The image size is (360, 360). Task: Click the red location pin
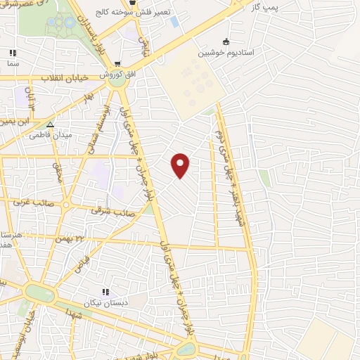click(181, 165)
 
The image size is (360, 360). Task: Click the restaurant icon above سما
click(12, 53)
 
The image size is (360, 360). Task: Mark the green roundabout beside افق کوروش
click(117, 82)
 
